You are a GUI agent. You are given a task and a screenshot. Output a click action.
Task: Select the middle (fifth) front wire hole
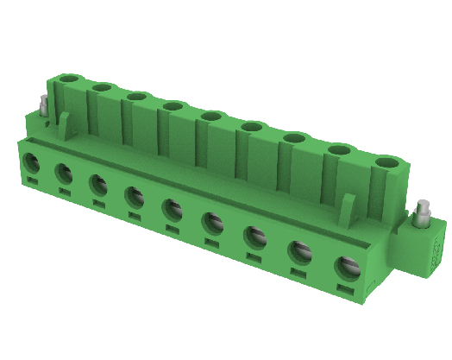[x=171, y=209]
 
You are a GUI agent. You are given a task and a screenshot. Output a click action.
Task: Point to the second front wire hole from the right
[x=300, y=251]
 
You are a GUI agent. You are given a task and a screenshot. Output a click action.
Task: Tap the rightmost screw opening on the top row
[x=388, y=161]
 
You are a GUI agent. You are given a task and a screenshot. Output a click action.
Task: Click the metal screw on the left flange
[x=44, y=106]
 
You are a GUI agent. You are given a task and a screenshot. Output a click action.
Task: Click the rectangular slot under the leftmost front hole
[x=31, y=180]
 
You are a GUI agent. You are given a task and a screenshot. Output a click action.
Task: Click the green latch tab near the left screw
[x=65, y=123]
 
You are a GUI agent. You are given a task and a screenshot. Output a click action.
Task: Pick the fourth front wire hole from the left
[x=134, y=197]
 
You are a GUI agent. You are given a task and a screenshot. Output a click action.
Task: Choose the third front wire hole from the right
[x=255, y=236]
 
